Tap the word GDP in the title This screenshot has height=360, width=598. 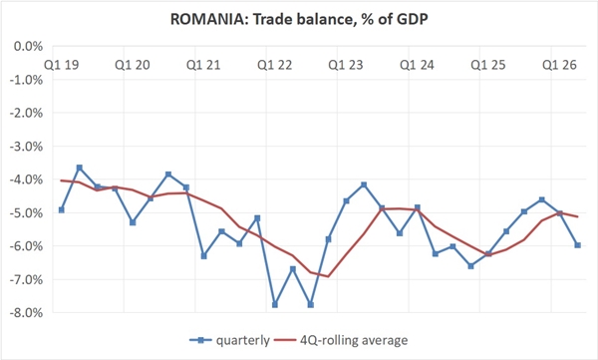(x=412, y=19)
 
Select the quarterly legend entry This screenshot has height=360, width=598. (x=229, y=340)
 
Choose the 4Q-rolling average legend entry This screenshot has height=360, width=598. (x=341, y=340)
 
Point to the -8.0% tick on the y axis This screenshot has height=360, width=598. (x=28, y=313)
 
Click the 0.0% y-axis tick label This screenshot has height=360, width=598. (x=28, y=47)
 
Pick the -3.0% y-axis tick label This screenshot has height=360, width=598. (x=28, y=147)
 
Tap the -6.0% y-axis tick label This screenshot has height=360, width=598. (x=28, y=246)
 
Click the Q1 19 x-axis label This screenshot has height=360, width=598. (x=62, y=65)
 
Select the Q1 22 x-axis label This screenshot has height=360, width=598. (x=275, y=65)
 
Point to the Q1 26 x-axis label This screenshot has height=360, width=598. (x=559, y=65)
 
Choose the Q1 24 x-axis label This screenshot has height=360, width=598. (x=417, y=65)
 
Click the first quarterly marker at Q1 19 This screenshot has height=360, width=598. (x=62, y=210)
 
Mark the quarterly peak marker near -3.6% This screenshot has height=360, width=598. (x=80, y=168)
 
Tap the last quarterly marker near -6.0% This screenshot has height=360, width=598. (x=578, y=245)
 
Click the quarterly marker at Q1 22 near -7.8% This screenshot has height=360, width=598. (x=275, y=304)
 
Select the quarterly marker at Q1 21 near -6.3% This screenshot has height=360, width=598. (x=203, y=255)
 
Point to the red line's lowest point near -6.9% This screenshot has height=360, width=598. (x=328, y=276)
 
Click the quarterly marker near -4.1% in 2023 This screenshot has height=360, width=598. (x=364, y=184)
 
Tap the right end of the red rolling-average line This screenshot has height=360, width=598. (x=578, y=216)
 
